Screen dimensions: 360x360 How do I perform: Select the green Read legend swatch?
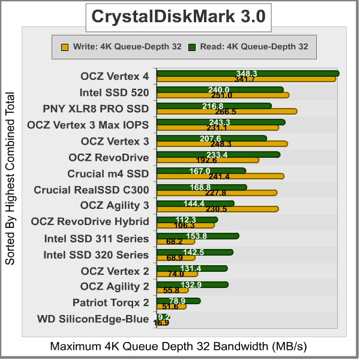click(x=191, y=46)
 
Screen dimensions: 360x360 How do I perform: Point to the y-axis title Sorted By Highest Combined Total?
click(x=10, y=178)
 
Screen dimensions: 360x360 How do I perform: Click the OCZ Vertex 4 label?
click(x=115, y=76)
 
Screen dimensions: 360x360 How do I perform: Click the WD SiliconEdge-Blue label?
click(x=92, y=319)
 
